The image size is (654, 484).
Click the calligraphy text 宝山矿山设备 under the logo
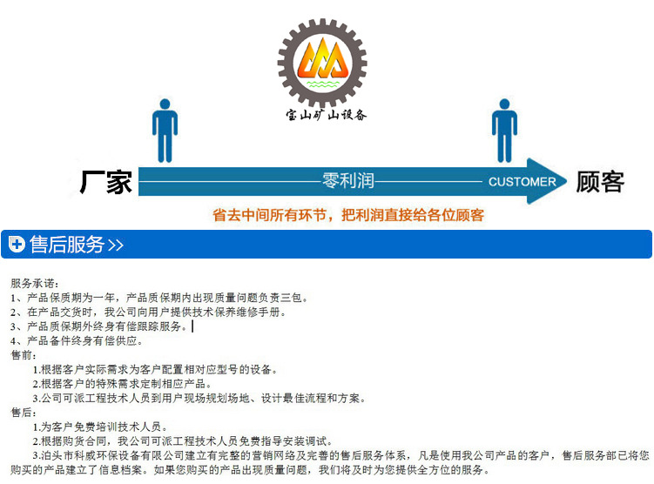coord(326,114)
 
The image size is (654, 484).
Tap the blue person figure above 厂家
coord(165,130)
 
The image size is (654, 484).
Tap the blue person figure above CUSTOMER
coord(504,130)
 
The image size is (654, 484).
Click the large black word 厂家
coord(106,182)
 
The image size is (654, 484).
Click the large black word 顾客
coord(600,182)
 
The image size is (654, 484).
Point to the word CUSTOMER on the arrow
coord(522,182)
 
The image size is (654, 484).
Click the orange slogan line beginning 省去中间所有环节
coord(348,215)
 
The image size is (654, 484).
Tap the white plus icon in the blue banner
coord(17,245)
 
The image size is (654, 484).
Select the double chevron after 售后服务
coord(116,245)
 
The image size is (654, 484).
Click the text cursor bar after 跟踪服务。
coord(192,326)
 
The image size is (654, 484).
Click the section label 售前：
coord(24,355)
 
